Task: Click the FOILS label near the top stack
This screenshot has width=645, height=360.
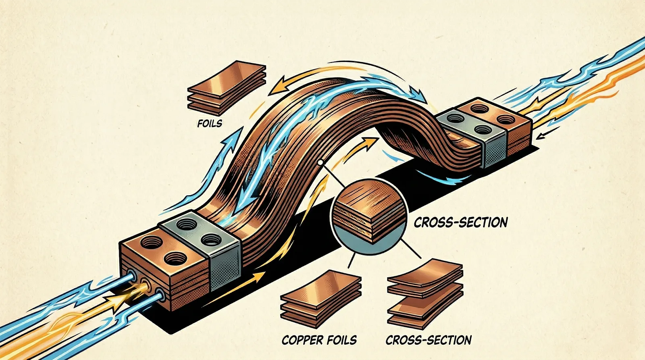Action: coord(210,123)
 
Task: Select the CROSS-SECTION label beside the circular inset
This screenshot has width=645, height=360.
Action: coord(460,222)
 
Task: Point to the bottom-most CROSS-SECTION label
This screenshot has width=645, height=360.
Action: coord(428,340)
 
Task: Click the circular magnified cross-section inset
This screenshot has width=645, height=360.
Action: coord(369,216)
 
